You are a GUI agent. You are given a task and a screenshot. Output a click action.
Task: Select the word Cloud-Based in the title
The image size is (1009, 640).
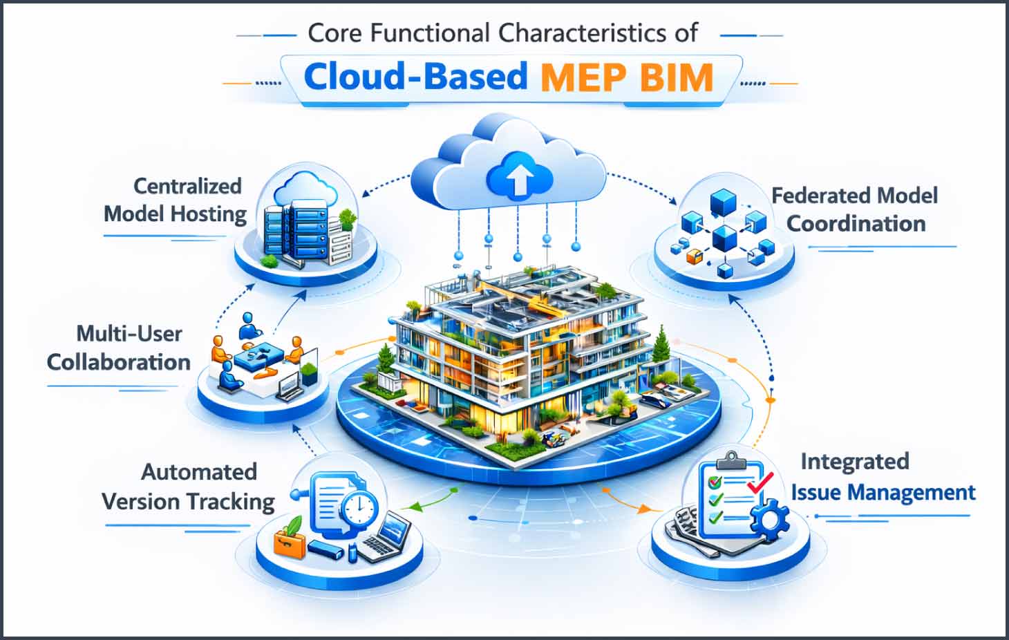[x=415, y=76]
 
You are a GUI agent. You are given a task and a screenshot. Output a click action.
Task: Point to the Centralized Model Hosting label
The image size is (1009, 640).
[x=176, y=200]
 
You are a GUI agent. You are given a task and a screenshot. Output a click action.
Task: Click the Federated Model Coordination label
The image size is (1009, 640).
[x=855, y=209]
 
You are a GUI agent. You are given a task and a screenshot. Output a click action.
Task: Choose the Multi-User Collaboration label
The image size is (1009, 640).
[x=119, y=348]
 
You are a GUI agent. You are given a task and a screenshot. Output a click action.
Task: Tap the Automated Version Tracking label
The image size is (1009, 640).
[x=188, y=487]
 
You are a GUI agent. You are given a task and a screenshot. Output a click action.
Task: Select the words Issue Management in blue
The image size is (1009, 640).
[x=883, y=493]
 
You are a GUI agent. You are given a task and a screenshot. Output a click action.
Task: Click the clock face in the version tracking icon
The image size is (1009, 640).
[x=359, y=511]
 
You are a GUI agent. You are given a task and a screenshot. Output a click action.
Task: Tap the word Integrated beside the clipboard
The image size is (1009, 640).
[x=854, y=461]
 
